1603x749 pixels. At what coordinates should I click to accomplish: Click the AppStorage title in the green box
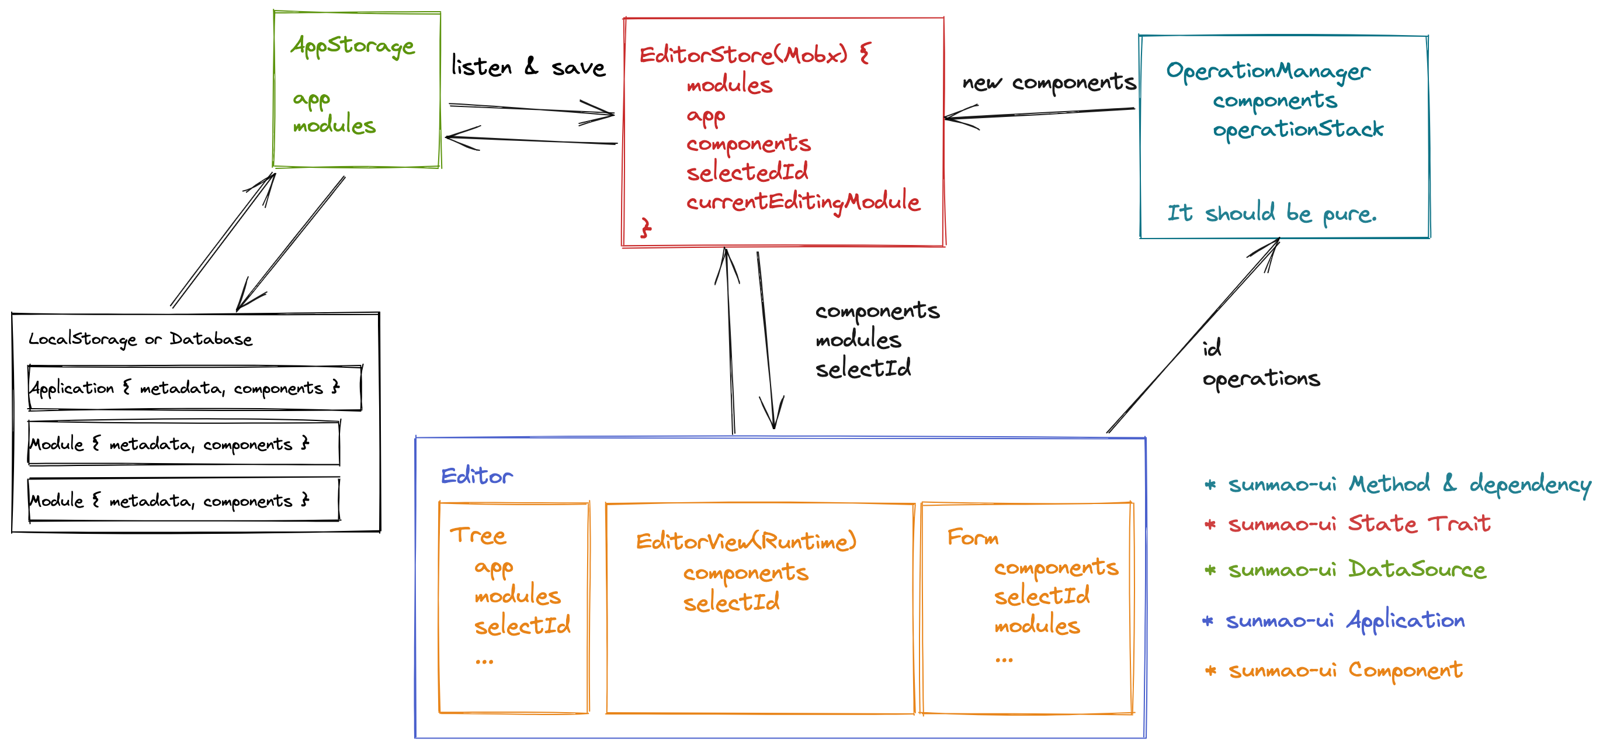pos(352,46)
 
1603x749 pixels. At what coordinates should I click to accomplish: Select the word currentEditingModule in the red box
pos(803,202)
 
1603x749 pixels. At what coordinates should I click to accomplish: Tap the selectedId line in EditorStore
pos(747,172)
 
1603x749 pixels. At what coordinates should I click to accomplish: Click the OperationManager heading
pos(1268,71)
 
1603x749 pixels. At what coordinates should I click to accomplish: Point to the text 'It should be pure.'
pos(1271,213)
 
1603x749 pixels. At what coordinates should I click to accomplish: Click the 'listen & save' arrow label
pos(528,67)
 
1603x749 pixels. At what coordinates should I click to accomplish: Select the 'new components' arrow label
pos(1049,82)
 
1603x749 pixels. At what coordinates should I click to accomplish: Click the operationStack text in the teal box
pos(1297,129)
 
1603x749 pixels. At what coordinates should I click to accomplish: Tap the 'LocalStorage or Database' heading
pos(141,339)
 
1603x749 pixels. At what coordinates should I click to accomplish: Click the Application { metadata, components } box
pos(194,388)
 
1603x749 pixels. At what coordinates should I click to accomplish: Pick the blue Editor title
pos(477,477)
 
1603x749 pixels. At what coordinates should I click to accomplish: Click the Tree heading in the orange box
pos(478,536)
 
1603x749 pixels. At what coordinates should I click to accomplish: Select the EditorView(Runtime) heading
pos(745,541)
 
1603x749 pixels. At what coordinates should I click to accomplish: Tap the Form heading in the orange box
pos(973,537)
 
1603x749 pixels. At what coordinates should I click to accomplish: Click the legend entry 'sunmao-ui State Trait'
pos(1358,524)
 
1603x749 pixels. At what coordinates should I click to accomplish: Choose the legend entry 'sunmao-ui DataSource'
pos(1356,569)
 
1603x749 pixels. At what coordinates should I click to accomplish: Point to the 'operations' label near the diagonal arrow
pos(1261,378)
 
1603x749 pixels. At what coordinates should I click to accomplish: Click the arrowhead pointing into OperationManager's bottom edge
pos(1275,244)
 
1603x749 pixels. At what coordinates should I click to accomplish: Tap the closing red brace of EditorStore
pos(646,229)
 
